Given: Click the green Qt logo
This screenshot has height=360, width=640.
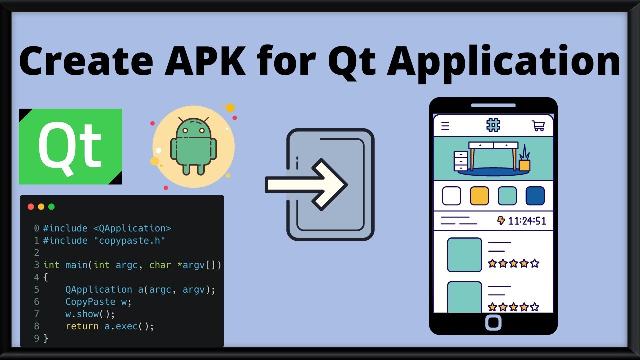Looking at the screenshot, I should [x=70, y=146].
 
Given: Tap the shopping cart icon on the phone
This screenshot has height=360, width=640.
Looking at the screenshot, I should [x=538, y=125].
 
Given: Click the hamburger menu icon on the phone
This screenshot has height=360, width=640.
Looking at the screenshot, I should [x=445, y=126].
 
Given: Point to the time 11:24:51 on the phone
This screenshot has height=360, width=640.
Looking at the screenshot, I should [x=527, y=221].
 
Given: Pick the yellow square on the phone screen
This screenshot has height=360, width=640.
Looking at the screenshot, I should [x=479, y=196].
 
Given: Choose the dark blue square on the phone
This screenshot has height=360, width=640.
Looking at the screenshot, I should [x=535, y=196].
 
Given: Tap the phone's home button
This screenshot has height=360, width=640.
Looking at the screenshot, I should [x=493, y=322].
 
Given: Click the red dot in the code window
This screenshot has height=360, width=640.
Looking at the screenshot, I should [x=31, y=207].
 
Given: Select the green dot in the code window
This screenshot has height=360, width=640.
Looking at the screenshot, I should [x=51, y=207].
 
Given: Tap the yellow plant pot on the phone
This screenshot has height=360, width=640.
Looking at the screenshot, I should [x=524, y=165].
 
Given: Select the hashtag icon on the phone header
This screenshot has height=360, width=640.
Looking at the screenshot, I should [x=493, y=125].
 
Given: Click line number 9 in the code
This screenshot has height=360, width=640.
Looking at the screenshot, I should [x=36, y=339].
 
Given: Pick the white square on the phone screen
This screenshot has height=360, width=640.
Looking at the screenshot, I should [x=452, y=196].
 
